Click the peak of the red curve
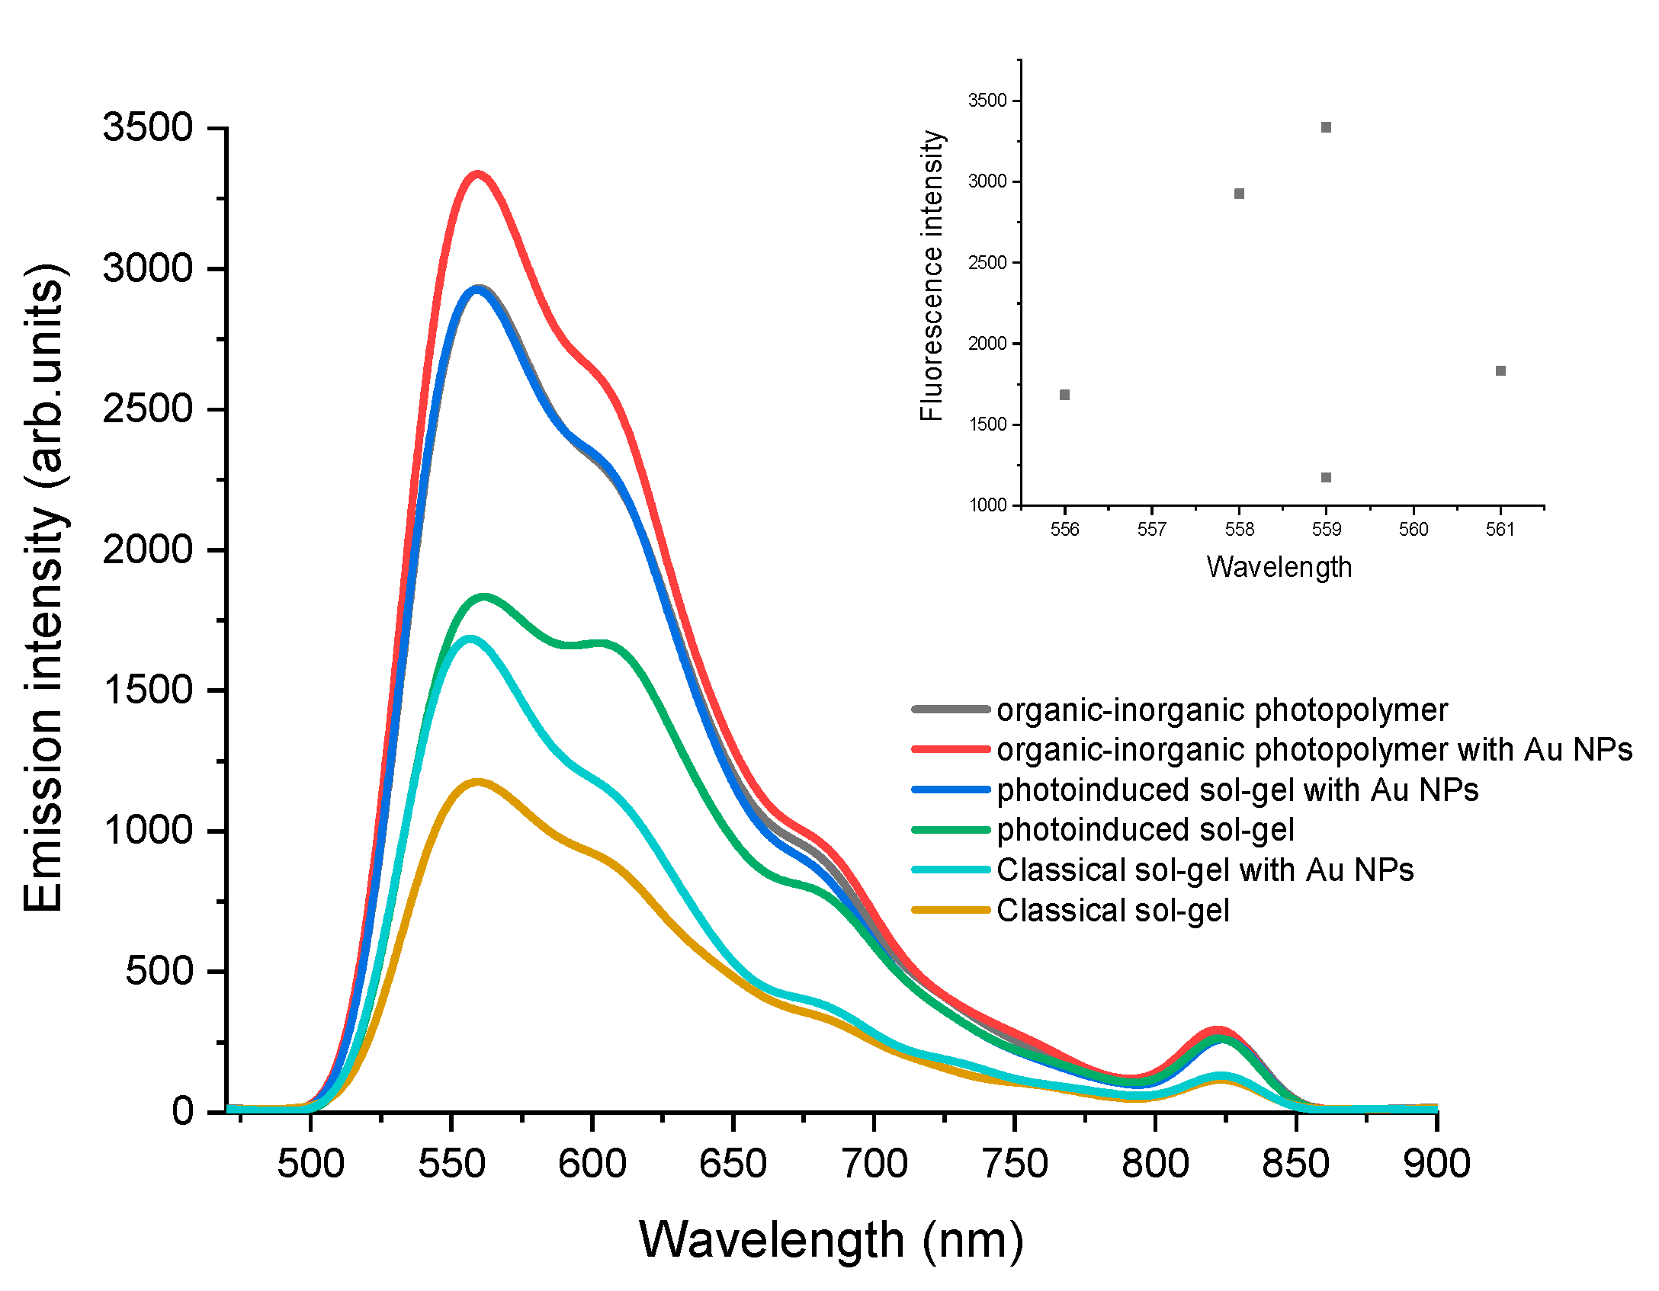coord(478,175)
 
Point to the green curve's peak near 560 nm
coord(483,597)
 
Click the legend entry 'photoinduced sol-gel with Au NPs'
coord(1237,790)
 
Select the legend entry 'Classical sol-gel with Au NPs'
coord(1205,870)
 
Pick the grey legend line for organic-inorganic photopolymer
coord(951,710)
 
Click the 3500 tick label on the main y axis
coord(148,127)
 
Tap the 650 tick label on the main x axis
coord(733,1164)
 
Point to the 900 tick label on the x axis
coord(1436,1164)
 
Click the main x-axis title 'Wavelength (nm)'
coord(831,1241)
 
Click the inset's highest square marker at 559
coord(1326,127)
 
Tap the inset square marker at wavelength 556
coord(1065,395)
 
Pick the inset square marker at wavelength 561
coord(1500,371)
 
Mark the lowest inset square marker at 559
coord(1326,478)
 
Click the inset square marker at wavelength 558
coord(1239,194)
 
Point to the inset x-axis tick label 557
coord(1151,529)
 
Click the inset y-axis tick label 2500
coord(987,263)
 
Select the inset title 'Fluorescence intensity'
coord(932,276)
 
